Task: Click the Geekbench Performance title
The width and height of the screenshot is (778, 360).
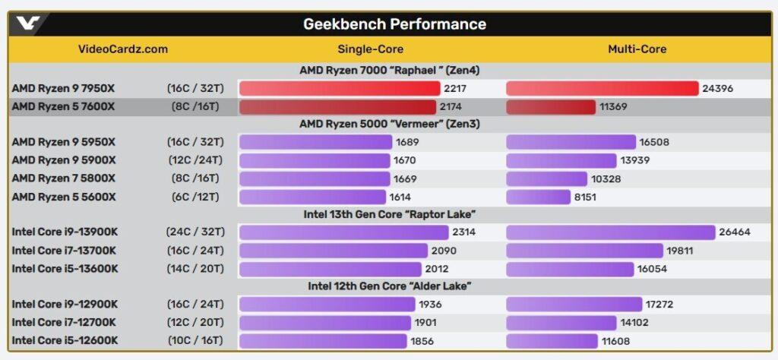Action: coord(394,24)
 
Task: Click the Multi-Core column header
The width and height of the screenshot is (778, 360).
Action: coord(637,49)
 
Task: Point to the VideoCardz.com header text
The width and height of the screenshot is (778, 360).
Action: coord(123,49)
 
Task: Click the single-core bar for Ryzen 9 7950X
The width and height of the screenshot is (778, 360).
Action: coord(340,89)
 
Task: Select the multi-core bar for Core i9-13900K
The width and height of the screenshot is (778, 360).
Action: coord(611,232)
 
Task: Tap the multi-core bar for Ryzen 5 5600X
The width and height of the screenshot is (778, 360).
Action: coord(538,197)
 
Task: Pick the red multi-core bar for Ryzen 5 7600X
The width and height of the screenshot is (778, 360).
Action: coord(550,107)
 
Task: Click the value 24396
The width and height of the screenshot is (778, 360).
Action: coord(717,89)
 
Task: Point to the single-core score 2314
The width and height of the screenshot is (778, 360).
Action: coord(463,232)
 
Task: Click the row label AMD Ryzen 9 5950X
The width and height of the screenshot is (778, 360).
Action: coord(64,142)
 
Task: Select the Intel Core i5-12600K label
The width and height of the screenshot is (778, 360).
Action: coord(65,341)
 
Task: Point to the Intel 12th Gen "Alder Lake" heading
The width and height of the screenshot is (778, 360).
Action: coord(389,286)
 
